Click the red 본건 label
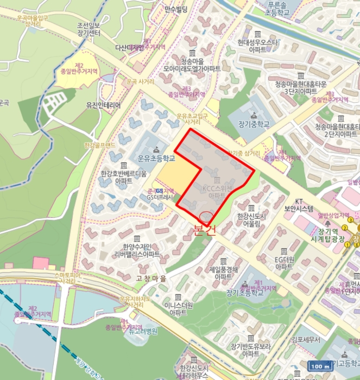204,230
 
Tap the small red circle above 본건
206,216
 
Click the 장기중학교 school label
253,124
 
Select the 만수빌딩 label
175,9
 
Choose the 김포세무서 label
305,340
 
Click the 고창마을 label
152,278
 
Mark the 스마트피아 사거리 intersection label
67,278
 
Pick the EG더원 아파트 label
284,263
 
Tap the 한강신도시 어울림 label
252,220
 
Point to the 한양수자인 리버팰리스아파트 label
137,250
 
